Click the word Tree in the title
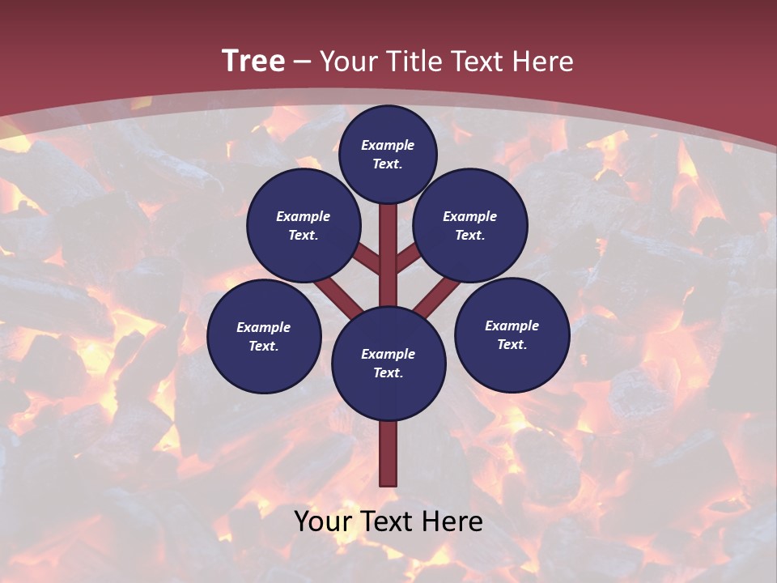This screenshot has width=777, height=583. pyautogui.click(x=253, y=62)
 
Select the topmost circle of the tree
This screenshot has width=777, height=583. pyautogui.click(x=388, y=154)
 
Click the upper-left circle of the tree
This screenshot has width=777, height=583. pyautogui.click(x=303, y=226)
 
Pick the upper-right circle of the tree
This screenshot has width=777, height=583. pyautogui.click(x=470, y=226)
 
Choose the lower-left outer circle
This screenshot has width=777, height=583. pyautogui.click(x=264, y=336)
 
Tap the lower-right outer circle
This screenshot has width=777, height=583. pyautogui.click(x=512, y=335)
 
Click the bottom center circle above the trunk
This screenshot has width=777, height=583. pyautogui.click(x=388, y=364)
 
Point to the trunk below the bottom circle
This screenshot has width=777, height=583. pyautogui.click(x=388, y=453)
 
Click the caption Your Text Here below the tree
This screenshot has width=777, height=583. pyautogui.click(x=388, y=522)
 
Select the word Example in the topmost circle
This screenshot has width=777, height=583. pyautogui.click(x=388, y=145)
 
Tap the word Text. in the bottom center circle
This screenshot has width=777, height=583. pyautogui.click(x=388, y=373)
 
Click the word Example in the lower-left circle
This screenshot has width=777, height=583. pyautogui.click(x=264, y=327)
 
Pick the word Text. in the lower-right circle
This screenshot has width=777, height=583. pyautogui.click(x=512, y=345)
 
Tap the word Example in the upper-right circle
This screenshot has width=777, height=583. pyautogui.click(x=470, y=216)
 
